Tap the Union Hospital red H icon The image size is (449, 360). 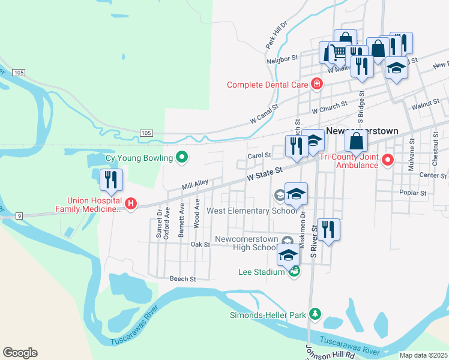coord(132,205)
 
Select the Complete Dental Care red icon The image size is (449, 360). coord(316,85)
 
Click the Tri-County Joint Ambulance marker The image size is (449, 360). coord(387,160)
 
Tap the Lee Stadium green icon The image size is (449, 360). coord(294,272)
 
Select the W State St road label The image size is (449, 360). coord(265,175)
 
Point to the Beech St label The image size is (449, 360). coord(182,279)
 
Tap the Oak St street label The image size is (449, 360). coord(200,245)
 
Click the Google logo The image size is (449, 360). coord(20,353)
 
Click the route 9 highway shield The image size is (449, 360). coord(20,215)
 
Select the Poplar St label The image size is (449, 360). coord(413,193)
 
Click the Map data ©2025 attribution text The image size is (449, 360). coord(423,355)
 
